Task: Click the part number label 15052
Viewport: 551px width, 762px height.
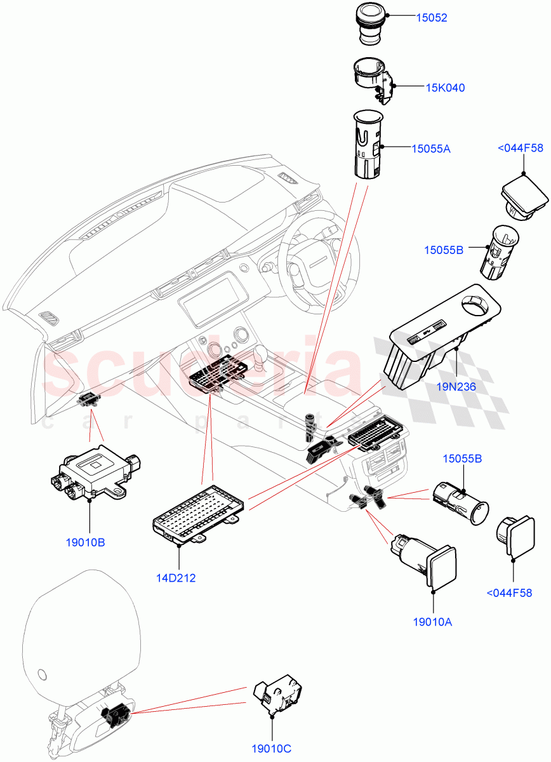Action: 432,18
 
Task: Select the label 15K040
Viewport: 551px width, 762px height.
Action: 445,88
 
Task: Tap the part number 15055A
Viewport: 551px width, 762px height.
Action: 430,149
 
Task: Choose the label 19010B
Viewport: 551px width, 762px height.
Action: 84,542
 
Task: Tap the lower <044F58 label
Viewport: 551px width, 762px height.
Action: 509,593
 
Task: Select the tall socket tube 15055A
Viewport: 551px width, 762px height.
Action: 366,145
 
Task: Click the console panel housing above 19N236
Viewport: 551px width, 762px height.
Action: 438,337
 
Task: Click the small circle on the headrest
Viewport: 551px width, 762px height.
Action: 43,673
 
